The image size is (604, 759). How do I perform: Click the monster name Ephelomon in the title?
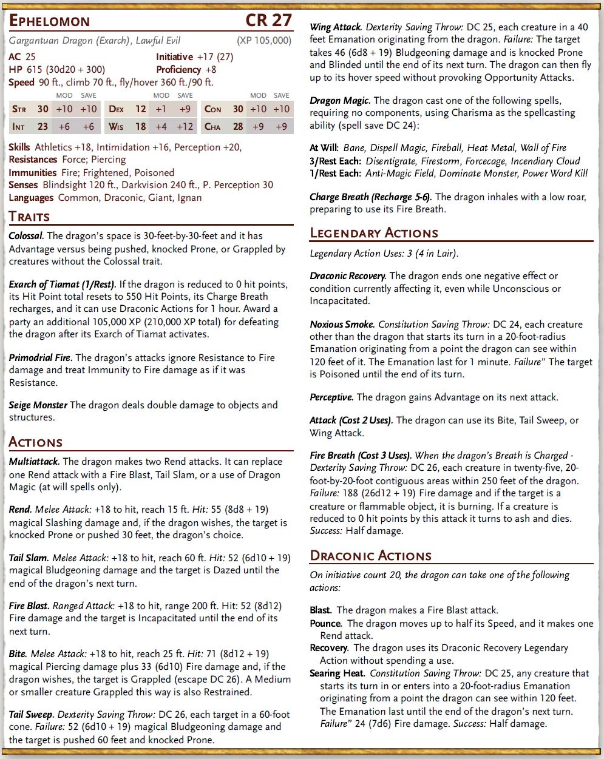pos(50,21)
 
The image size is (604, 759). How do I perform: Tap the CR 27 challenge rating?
pos(268,21)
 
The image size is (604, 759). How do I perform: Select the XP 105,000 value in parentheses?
pos(264,41)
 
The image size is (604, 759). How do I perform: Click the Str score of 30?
pos(42,109)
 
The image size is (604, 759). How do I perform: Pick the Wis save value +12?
pos(185,127)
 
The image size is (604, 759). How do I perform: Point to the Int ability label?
pos(18,127)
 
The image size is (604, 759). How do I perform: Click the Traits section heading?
pos(29,217)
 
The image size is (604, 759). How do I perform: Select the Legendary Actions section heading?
pos(374,233)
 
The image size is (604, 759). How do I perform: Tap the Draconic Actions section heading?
pos(370,556)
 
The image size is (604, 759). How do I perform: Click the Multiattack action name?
pos(35,462)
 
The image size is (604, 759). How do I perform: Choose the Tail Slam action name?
pos(29,558)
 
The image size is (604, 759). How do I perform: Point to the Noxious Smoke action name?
pos(342,325)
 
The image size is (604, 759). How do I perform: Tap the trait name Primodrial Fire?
pos(41,358)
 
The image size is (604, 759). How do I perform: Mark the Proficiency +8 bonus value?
pos(211,70)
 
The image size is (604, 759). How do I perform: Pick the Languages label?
pos(31,198)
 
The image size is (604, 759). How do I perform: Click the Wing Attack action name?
pos(336,27)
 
